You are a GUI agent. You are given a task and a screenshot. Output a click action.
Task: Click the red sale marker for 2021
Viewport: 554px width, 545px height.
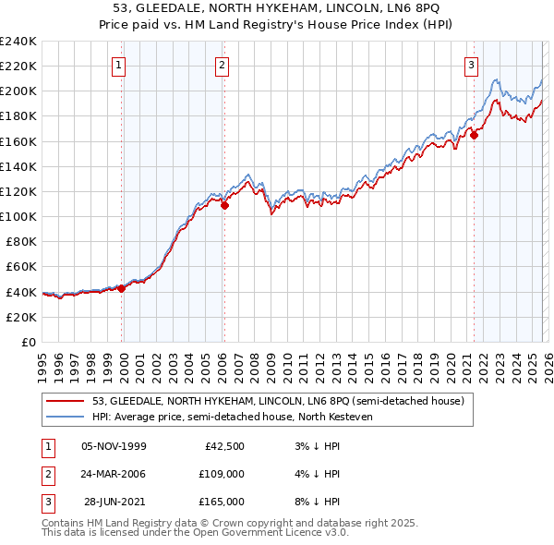point(474,135)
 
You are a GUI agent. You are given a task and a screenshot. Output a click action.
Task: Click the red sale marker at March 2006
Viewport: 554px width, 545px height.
point(224,205)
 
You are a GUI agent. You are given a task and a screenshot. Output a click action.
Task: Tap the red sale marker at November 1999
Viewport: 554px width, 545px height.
point(121,288)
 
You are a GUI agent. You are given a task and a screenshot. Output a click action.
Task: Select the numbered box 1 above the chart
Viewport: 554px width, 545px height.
point(121,65)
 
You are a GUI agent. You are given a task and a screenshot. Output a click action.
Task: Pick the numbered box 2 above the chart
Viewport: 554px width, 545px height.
point(223,65)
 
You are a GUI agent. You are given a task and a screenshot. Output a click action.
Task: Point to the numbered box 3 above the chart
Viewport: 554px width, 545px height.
point(472,65)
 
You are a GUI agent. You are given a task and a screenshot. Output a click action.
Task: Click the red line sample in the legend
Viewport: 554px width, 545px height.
point(66,401)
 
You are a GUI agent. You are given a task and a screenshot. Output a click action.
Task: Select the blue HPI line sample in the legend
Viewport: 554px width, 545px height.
point(66,417)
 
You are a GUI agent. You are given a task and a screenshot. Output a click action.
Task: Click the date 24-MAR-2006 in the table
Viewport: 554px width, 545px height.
point(113,474)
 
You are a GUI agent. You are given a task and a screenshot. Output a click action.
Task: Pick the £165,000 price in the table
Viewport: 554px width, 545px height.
point(222,502)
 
